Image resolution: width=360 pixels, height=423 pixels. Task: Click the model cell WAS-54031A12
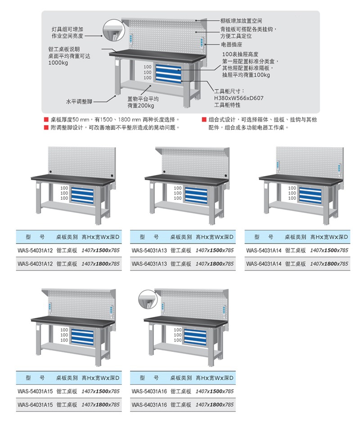[x=35, y=250]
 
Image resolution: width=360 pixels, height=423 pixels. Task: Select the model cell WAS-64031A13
[x=149, y=264]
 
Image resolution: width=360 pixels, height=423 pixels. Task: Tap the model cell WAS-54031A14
[x=264, y=250]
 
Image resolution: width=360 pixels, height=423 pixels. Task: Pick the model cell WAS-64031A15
[x=35, y=405]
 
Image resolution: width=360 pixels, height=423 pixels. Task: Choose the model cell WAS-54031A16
[x=149, y=391]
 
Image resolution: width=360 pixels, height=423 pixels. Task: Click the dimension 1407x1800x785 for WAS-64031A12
[x=100, y=264]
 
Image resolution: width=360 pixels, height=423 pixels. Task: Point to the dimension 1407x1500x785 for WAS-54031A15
[x=100, y=391]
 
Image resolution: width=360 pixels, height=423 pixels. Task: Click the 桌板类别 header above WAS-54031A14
[x=295, y=237]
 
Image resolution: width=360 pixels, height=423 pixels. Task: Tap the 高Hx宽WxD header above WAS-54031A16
[x=215, y=378]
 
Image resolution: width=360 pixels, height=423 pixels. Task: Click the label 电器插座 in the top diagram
[x=232, y=45]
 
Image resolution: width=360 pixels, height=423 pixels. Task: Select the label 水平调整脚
[x=79, y=102]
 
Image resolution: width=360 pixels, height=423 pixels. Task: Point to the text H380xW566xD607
[x=238, y=98]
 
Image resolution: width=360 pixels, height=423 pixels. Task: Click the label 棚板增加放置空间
[x=241, y=21]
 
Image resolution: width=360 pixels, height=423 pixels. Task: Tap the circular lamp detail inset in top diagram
[x=113, y=30]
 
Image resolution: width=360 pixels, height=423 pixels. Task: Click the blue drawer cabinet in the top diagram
[x=168, y=72]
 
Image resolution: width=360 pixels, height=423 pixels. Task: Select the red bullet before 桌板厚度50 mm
[x=46, y=120]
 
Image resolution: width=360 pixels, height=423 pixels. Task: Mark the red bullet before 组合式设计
[x=204, y=120]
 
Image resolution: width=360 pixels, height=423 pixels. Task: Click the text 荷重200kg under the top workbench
[x=140, y=106]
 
